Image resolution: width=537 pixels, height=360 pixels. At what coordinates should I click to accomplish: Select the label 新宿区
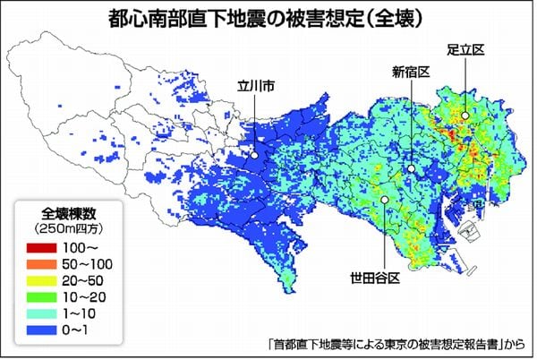[x=412, y=71]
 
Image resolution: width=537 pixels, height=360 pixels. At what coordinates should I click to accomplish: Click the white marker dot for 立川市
[x=255, y=155]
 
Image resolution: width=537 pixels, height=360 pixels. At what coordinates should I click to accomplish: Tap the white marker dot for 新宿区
[x=411, y=168]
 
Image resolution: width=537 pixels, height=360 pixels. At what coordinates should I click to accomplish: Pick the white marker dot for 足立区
[x=466, y=115]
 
